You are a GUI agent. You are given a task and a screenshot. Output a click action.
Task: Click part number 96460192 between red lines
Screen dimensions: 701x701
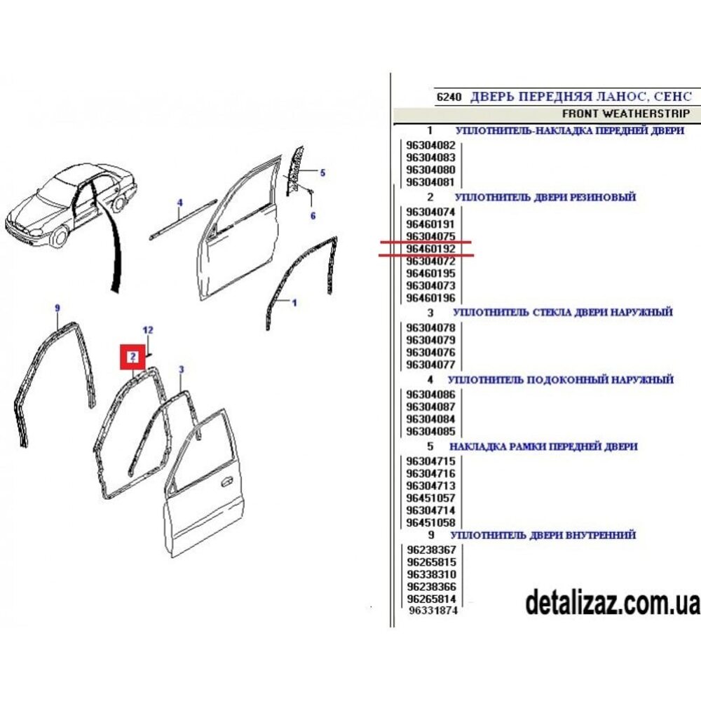(430, 249)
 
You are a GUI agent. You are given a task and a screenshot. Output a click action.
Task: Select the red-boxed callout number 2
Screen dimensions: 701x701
(132, 357)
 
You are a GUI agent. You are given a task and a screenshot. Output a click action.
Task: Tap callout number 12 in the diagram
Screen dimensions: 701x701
(147, 330)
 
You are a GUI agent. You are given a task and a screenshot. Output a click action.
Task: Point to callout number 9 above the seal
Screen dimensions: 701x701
(57, 308)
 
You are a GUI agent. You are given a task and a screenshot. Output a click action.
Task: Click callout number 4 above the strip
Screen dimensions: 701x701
(179, 203)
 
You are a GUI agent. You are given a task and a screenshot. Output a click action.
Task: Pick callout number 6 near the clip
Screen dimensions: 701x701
(313, 216)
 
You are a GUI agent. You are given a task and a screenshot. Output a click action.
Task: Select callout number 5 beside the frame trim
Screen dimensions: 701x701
(322, 172)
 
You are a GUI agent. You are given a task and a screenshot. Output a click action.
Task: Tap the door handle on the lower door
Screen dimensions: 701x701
(227, 482)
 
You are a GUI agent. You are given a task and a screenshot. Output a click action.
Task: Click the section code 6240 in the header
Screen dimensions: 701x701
(449, 97)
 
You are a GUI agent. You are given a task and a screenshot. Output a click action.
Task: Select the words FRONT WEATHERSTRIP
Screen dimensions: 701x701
(626, 114)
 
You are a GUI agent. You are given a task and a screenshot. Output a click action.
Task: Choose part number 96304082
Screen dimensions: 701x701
(430, 145)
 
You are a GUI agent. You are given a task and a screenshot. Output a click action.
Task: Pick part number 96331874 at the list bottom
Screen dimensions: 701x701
(433, 611)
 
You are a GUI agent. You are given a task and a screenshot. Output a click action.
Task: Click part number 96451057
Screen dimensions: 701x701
(430, 498)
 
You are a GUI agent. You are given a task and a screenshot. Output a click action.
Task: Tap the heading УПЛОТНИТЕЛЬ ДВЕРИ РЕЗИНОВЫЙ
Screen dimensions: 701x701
(545, 197)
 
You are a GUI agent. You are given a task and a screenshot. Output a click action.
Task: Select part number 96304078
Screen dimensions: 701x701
(430, 327)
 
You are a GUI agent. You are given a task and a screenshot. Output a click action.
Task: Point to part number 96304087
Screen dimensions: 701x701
(430, 407)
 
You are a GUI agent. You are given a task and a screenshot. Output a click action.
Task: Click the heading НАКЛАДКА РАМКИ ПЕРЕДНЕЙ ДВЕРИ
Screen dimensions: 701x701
(543, 447)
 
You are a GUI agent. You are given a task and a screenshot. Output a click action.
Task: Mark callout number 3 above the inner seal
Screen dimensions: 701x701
(181, 369)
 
